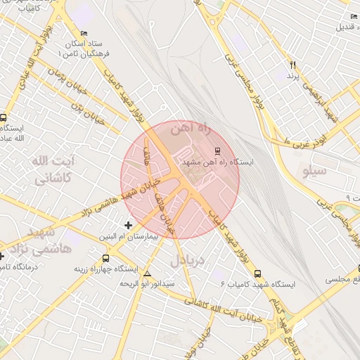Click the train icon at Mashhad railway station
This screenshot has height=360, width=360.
point(217,150)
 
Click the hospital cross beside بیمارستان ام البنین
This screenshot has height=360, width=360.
point(127,225)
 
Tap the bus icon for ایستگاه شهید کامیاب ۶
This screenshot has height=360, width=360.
point(257,273)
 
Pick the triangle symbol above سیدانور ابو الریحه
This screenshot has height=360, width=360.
point(147,273)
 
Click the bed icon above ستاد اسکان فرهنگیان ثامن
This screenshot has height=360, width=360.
point(84,34)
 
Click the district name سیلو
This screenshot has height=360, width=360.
point(312,170)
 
